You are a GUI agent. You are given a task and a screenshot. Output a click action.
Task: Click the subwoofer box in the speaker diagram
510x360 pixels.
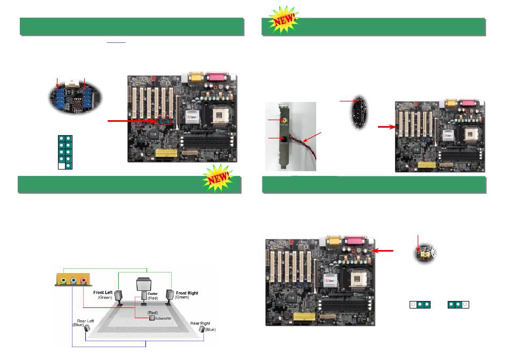click(152, 317)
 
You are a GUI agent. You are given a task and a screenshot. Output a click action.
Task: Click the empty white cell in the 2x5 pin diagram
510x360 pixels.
click(62, 166)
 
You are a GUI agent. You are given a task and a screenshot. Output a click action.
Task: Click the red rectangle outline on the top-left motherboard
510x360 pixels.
click(164, 121)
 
